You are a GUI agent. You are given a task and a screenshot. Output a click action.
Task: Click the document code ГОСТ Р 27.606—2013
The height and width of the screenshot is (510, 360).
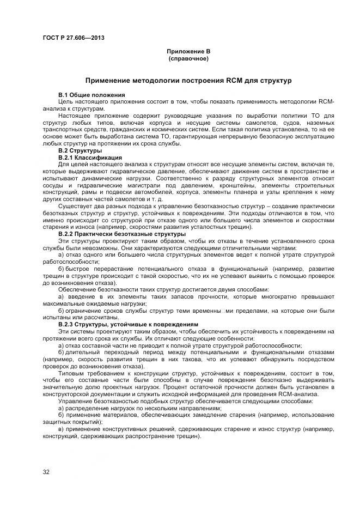74,38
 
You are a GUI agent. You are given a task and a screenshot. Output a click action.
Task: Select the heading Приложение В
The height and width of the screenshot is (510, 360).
188,51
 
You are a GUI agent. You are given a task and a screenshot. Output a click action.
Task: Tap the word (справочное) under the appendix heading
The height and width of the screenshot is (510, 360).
188,58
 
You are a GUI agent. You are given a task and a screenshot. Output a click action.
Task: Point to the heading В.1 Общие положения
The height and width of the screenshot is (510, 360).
84,95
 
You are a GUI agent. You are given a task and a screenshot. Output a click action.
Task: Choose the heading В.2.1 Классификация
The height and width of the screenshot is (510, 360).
90,157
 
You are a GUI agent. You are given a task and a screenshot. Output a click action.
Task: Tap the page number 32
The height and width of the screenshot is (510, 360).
46,472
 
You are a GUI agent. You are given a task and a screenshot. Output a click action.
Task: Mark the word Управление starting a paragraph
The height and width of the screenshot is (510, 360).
78,401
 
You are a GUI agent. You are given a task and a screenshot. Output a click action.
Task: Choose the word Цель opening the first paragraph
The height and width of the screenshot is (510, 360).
66,102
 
